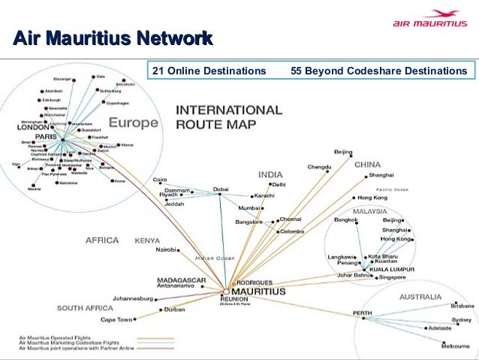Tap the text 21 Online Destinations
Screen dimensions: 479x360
pos(209,71)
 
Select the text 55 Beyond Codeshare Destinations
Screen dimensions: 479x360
pos(378,71)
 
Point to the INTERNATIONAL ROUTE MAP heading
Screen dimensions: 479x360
pos(228,116)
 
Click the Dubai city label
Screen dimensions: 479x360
pos(220,189)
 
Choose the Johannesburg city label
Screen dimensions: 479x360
pos(133,298)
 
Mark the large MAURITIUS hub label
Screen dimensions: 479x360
pos(257,290)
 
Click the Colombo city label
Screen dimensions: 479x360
pos(291,232)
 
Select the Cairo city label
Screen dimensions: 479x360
pos(159,180)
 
